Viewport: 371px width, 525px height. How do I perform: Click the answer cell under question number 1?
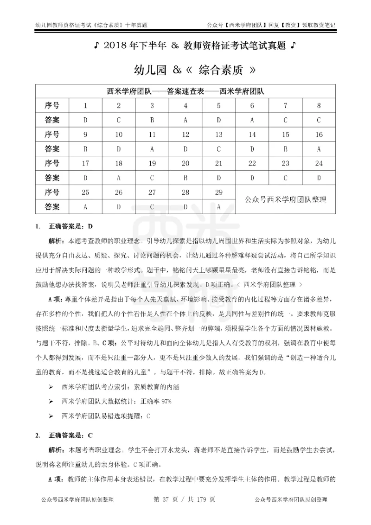85,120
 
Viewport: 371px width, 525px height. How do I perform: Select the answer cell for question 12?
185,149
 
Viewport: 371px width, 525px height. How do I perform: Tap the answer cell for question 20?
185,177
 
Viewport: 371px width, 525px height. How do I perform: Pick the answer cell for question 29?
218,206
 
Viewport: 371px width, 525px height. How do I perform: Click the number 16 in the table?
319,135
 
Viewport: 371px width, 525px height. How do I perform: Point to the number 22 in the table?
252,163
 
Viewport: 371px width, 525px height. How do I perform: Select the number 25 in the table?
85,192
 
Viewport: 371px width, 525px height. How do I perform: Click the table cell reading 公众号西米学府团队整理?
285,199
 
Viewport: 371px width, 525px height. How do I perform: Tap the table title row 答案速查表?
185,91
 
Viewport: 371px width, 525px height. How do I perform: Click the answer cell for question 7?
285,120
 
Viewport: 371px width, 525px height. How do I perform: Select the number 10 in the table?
119,135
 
